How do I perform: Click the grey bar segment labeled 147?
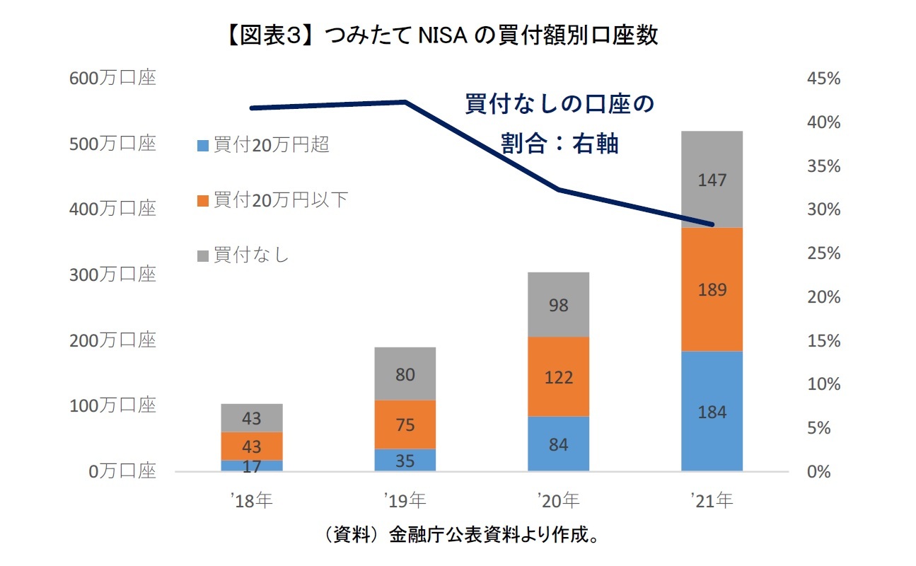(712, 180)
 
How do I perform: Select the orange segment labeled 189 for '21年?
(712, 289)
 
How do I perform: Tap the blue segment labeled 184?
(712, 411)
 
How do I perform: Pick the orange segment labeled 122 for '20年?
(558, 376)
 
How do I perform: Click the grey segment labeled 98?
(558, 305)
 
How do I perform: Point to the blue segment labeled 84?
(558, 444)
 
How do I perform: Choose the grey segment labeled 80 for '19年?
(405, 374)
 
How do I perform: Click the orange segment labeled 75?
(405, 424)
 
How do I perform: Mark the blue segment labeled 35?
(405, 460)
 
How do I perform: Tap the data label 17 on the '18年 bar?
(252, 466)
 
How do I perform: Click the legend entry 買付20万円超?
(263, 145)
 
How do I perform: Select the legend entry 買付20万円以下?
(272, 200)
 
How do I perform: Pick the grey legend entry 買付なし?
(243, 255)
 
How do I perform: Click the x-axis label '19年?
(405, 501)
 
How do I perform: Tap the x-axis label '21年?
(712, 501)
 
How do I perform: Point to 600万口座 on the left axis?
(112, 79)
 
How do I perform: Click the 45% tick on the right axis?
(823, 79)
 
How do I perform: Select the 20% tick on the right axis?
(823, 297)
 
